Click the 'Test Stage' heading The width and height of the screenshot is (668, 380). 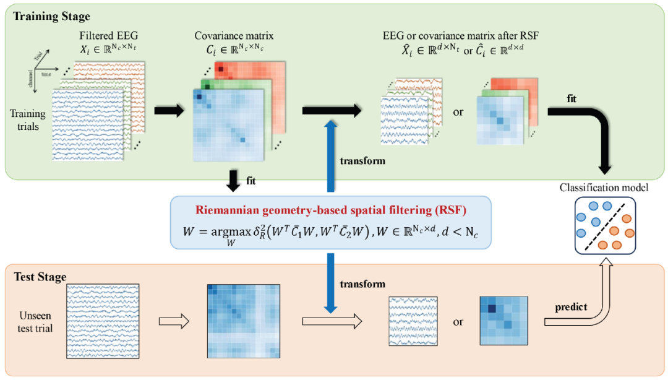40,276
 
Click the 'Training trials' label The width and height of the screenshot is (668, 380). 28,119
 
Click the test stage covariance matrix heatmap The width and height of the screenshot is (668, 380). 244,321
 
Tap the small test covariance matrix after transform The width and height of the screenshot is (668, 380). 503,321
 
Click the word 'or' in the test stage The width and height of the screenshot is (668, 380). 458,322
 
